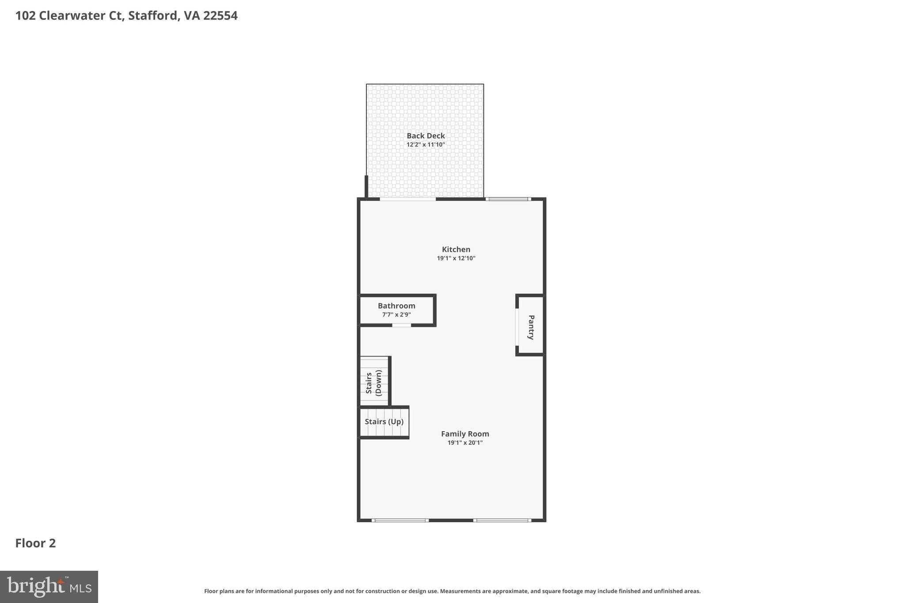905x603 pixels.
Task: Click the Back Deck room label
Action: click(426, 136)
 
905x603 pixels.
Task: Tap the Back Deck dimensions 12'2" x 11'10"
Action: click(426, 145)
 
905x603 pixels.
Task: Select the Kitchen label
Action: click(456, 250)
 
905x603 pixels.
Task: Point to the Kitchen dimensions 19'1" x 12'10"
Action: click(456, 258)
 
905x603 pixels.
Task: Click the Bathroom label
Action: click(396, 306)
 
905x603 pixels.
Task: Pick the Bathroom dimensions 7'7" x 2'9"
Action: click(396, 315)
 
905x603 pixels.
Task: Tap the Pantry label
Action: click(531, 327)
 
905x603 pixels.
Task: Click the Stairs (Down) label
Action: click(374, 383)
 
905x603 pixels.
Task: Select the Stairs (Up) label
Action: click(384, 422)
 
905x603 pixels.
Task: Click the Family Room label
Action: click(465, 434)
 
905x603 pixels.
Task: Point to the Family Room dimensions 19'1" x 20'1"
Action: click(465, 443)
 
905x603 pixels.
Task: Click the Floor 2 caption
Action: click(35, 543)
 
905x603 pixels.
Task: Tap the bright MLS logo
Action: click(49, 587)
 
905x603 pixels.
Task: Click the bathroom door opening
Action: click(401, 326)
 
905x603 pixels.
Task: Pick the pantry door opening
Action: click(517, 327)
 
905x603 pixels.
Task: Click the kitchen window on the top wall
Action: click(508, 199)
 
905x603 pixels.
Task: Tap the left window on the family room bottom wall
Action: click(400, 520)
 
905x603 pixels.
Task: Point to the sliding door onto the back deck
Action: click(407, 199)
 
